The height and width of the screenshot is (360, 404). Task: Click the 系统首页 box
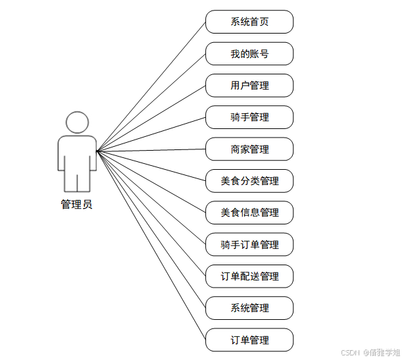(x=249, y=22)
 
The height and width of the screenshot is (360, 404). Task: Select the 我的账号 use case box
(x=249, y=53)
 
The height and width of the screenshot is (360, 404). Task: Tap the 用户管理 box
(x=249, y=86)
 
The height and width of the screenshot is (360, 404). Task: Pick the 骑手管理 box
(x=249, y=117)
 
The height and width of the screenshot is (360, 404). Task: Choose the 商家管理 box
(x=249, y=149)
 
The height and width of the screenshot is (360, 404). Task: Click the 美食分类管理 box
(x=249, y=181)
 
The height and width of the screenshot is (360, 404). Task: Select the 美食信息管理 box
(x=249, y=213)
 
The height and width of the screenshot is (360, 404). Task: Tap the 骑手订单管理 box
(x=249, y=245)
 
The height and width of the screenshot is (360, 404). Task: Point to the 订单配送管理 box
(x=249, y=276)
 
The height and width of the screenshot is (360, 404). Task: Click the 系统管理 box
(x=249, y=308)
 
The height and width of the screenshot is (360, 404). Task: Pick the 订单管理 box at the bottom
(x=249, y=340)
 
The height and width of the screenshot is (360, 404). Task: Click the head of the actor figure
(x=77, y=122)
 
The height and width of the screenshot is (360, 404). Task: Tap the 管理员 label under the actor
(x=77, y=205)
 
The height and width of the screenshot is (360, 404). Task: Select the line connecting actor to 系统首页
(x=151, y=86)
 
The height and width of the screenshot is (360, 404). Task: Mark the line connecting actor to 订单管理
(x=151, y=246)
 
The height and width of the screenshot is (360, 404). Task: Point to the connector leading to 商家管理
(x=151, y=151)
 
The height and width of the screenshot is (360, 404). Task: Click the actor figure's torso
(x=77, y=155)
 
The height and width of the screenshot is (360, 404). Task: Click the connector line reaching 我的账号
(x=151, y=102)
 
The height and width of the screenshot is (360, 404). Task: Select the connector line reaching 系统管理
(x=151, y=230)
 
